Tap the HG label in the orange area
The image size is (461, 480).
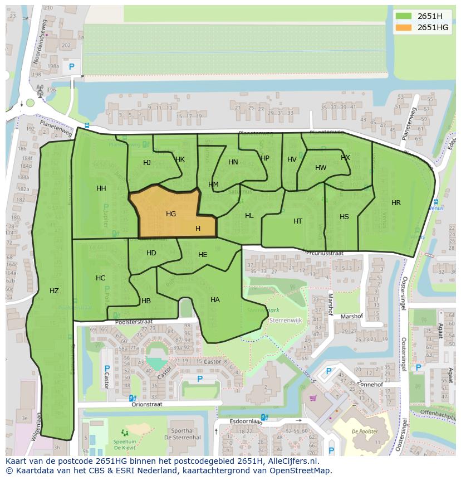171,214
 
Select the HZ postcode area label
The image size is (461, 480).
54,290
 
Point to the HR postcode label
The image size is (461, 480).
396,203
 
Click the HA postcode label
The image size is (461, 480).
215,300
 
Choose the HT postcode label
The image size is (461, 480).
298,221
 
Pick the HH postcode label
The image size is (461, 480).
101,188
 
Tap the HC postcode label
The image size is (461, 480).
100,278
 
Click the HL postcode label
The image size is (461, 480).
249,216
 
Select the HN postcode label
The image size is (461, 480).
233,162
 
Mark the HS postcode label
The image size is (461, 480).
344,217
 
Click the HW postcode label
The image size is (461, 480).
321,168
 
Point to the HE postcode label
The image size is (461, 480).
203,255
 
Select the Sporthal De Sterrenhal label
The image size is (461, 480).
183,434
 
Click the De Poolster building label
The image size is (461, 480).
365,431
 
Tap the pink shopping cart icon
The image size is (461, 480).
313,398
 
